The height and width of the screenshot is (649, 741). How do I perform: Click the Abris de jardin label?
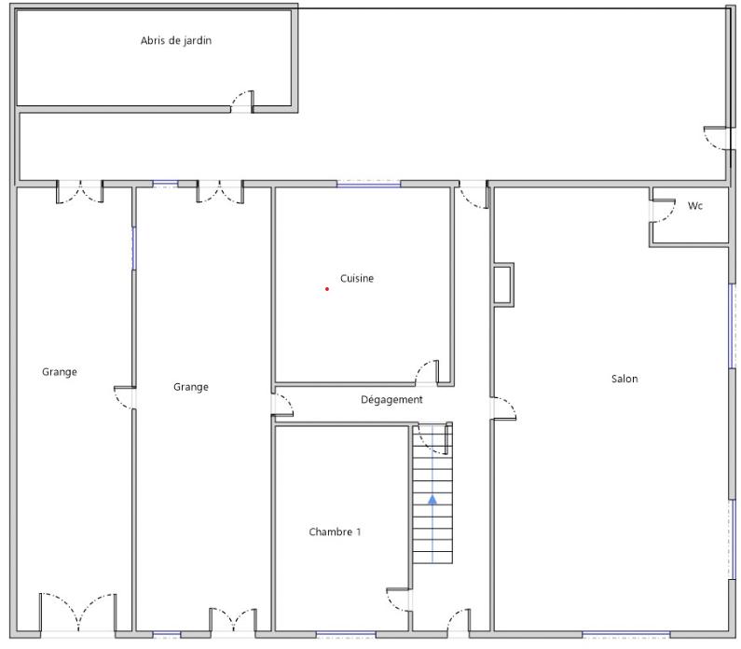tap(176, 41)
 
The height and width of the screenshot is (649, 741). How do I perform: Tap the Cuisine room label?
tap(357, 279)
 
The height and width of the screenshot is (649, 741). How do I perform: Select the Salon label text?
tap(624, 379)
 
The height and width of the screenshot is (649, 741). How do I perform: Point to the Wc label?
tap(694, 206)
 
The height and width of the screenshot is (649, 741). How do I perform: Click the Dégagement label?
tap(391, 400)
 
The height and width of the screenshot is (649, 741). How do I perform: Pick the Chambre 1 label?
tap(335, 532)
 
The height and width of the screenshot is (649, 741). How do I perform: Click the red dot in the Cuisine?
tap(326, 289)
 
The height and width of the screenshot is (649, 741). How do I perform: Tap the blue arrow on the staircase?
tap(432, 500)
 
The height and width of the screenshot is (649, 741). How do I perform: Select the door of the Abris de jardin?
tap(242, 102)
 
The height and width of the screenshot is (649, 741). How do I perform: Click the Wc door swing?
tap(663, 211)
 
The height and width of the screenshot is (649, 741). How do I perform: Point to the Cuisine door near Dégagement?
tap(427, 372)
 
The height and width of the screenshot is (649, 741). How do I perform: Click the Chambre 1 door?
tap(399, 601)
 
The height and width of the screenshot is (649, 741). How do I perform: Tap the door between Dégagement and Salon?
tap(503, 407)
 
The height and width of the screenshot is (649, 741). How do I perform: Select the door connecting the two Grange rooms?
tap(125, 398)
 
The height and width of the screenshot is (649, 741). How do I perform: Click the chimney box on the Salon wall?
tap(502, 284)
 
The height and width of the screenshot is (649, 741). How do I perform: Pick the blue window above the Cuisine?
tap(368, 184)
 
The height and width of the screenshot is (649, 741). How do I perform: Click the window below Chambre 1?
tap(346, 634)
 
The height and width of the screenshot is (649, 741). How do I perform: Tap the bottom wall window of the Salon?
tap(625, 634)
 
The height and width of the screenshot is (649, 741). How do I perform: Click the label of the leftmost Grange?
tap(60, 372)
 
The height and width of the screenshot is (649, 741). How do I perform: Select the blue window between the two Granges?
tap(133, 248)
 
